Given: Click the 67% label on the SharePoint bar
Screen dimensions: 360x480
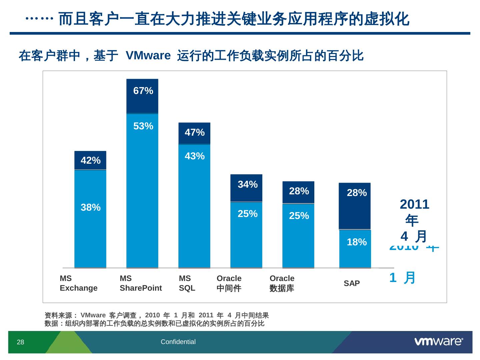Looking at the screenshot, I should (143, 91).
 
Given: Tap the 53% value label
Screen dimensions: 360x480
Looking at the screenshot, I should (143, 126).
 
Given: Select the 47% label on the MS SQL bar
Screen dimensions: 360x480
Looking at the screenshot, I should (195, 132).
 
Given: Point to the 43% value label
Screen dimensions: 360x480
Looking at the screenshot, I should (195, 156).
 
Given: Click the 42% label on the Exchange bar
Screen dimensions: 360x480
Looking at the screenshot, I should (91, 160).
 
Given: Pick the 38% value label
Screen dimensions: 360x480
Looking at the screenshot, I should (91, 207).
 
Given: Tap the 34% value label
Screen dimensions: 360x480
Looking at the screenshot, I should (248, 184).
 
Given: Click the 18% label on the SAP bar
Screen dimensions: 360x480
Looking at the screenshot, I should (357, 242).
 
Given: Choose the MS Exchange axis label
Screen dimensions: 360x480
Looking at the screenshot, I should (79, 283).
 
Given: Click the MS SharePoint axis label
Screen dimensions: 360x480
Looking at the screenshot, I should (141, 283).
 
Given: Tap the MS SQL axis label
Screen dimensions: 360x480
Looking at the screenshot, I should (187, 283).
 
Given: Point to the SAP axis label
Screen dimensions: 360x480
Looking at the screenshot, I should (352, 283).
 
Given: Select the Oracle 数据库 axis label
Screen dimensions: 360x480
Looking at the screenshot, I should (282, 283).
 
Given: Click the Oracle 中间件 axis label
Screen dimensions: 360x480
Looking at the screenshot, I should (229, 283).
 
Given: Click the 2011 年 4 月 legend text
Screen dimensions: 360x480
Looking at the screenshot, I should (414, 220).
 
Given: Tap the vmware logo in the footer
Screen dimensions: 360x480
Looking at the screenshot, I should (439, 341).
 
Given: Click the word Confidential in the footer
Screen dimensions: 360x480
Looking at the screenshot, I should (178, 342).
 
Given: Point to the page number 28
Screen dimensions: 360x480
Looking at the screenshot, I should (21, 342).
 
